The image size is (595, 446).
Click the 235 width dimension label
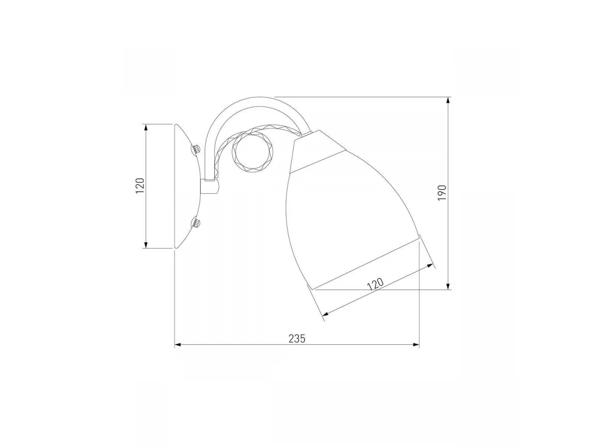(x=297, y=339)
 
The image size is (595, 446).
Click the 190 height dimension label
(x=442, y=193)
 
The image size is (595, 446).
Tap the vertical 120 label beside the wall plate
(x=140, y=185)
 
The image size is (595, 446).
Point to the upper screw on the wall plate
(x=196, y=149)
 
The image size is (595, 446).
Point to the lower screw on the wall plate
(x=196, y=223)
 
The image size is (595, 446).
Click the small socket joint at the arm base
(x=210, y=186)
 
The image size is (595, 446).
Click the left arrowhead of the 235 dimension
(x=178, y=345)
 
